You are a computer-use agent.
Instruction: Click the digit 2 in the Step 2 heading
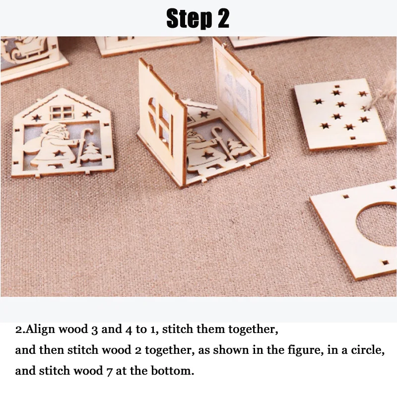point(223,18)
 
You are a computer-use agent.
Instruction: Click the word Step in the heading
point(189,18)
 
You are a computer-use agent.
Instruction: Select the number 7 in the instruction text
point(109,372)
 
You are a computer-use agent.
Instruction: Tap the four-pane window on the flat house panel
point(62,113)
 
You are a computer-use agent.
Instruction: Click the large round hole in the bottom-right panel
point(377,224)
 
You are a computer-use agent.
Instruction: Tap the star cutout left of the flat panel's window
point(37,118)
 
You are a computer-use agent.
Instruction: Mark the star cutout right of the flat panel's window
point(87,114)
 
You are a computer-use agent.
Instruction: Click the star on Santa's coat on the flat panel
point(60,153)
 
